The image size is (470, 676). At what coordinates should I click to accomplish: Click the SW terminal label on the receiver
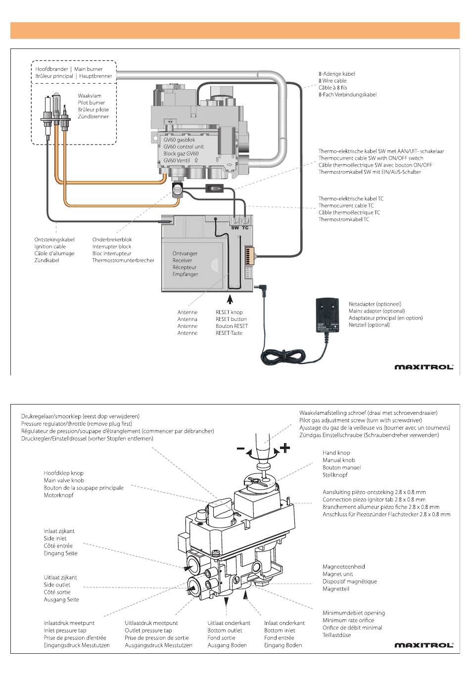pyautogui.click(x=235, y=227)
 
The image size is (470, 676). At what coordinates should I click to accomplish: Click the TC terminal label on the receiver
pyautogui.click(x=245, y=227)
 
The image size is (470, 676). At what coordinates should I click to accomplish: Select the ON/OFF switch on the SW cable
pyautogui.click(x=214, y=188)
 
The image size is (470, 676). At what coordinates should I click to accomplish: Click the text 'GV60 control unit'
pyautogui.click(x=184, y=147)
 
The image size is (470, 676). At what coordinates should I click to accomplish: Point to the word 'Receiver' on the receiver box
pyautogui.click(x=182, y=260)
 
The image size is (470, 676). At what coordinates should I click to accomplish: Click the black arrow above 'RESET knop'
pyautogui.click(x=230, y=300)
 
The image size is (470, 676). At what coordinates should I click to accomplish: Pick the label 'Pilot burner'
pyautogui.click(x=91, y=103)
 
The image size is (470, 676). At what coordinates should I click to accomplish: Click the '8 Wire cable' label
pyautogui.click(x=332, y=81)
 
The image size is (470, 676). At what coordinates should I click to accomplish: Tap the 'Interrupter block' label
pyautogui.click(x=112, y=246)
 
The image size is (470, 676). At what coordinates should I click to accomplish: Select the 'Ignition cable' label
pyautogui.click(x=50, y=246)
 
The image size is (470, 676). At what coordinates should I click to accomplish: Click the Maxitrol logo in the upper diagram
pyautogui.click(x=423, y=367)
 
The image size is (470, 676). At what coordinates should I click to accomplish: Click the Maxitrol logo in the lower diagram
pyautogui.click(x=423, y=645)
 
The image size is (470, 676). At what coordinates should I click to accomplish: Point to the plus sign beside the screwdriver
pyautogui.click(x=285, y=449)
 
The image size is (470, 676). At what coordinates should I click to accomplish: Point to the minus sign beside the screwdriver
pyautogui.click(x=241, y=449)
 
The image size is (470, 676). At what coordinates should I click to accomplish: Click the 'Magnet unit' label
pyautogui.click(x=338, y=574)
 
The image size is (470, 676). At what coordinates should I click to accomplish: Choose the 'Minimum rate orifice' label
pyautogui.click(x=348, y=620)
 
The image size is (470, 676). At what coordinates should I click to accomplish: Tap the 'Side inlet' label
pyautogui.click(x=55, y=539)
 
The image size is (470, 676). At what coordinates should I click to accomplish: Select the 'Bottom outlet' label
pyautogui.click(x=225, y=631)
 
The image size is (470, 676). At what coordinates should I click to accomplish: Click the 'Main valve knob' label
pyautogui.click(x=64, y=480)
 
